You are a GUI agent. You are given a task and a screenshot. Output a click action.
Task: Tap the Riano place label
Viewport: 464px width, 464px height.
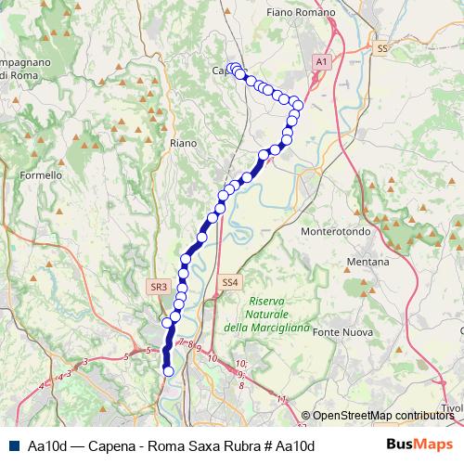(x=184, y=143)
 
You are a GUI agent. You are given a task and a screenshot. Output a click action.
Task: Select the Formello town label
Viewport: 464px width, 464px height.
(x=41, y=174)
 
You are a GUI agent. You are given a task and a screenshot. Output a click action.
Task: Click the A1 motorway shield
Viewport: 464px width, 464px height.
(x=321, y=61)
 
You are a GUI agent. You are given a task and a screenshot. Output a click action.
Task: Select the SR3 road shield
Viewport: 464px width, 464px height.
(x=158, y=288)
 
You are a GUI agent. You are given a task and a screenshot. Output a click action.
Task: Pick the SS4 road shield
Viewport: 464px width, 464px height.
(x=230, y=281)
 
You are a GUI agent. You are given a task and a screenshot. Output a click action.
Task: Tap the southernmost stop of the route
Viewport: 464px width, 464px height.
(x=169, y=371)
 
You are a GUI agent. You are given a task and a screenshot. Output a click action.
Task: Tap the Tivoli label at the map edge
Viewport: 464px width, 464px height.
(x=452, y=408)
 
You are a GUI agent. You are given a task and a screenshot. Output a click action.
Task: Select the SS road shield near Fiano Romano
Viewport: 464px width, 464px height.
(x=381, y=48)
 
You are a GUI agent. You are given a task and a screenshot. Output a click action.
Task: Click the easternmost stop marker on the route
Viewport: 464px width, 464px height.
(x=296, y=102)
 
